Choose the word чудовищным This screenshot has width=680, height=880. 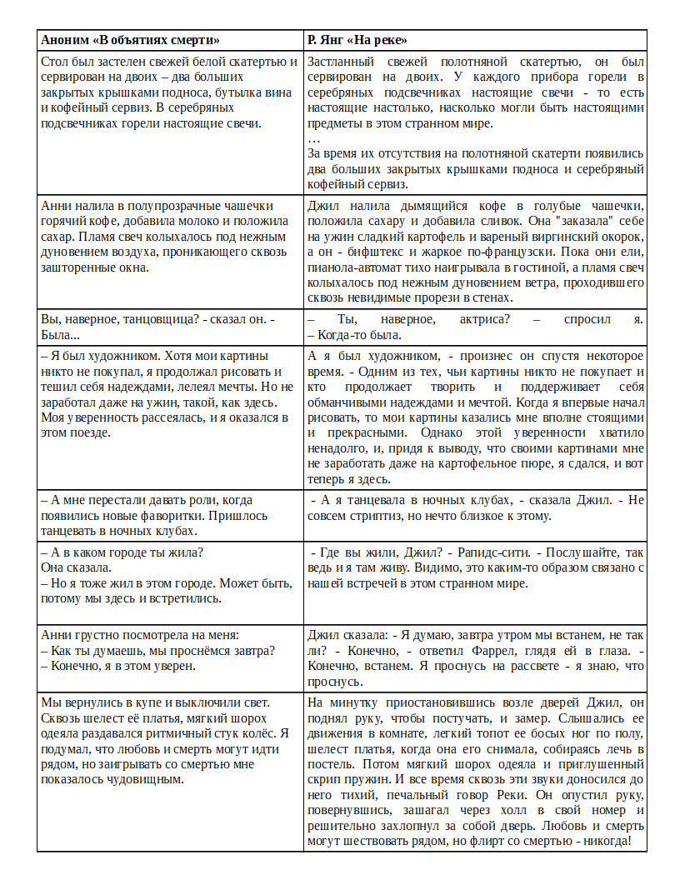[152, 779]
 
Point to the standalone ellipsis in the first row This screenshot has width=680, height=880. [313, 138]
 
